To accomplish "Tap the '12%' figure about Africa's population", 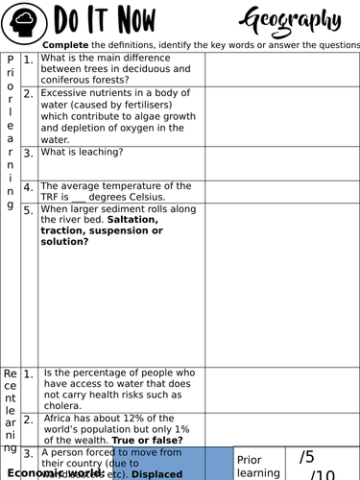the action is pyautogui.click(x=130, y=419).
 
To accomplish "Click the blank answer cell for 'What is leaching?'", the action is pyautogui.click(x=281, y=162).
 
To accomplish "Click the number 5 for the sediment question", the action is pyautogui.click(x=28, y=209).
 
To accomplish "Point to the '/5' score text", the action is pyautogui.click(x=307, y=457).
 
